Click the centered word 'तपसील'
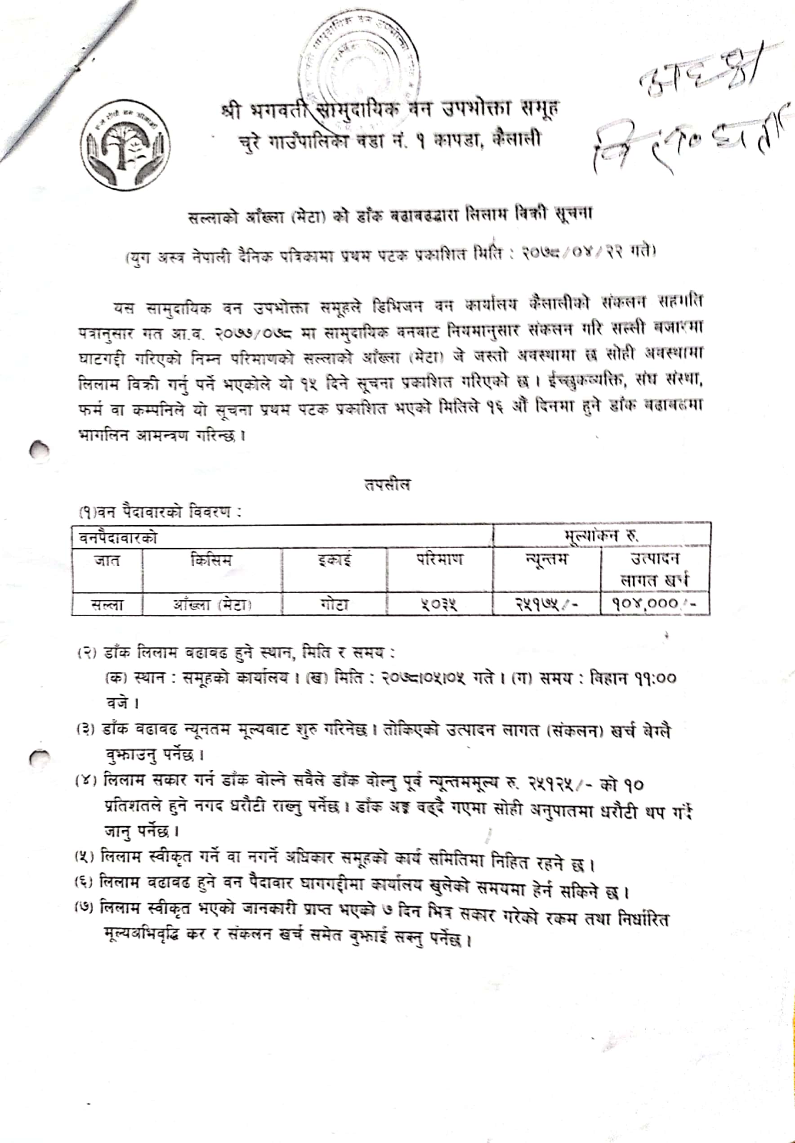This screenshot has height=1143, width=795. (x=388, y=484)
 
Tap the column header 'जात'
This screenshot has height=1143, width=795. (x=107, y=562)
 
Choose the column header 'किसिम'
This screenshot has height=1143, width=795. (x=211, y=561)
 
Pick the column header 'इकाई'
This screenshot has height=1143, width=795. (x=334, y=561)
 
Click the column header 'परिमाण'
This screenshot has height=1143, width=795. (x=439, y=561)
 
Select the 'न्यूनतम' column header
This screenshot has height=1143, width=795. (x=546, y=561)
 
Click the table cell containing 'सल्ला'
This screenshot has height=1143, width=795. (x=107, y=605)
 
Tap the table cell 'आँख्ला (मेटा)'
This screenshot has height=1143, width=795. (x=212, y=605)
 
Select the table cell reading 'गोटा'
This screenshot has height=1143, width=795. (x=334, y=605)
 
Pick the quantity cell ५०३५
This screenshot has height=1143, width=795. (x=439, y=605)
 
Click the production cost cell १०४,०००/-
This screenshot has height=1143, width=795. (x=654, y=604)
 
